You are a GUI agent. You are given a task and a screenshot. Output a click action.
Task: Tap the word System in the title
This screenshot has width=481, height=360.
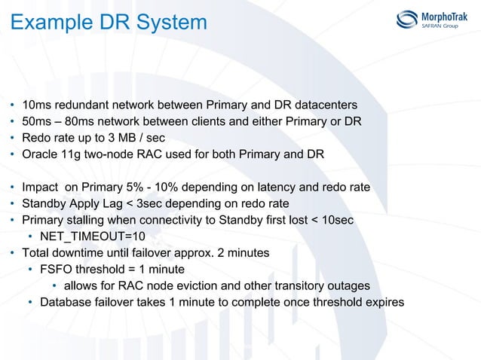172,23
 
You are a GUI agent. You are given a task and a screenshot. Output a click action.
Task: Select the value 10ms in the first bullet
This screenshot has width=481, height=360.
37,104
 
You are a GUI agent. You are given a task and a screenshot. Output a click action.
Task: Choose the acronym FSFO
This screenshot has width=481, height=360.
57,270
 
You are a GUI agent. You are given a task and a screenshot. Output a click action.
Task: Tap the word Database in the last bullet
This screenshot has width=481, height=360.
67,303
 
